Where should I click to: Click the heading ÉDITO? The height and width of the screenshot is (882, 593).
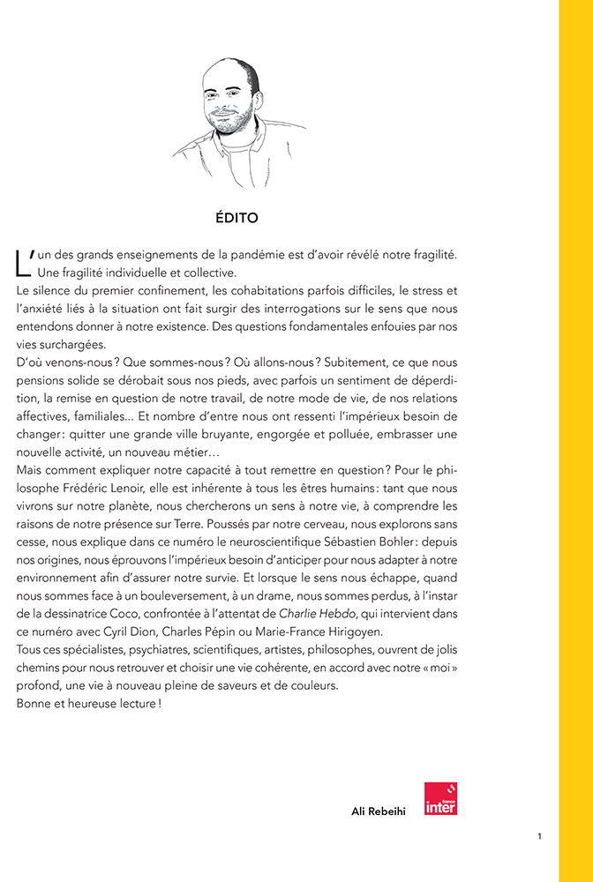[236, 216]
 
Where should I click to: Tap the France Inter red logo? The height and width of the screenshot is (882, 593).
[440, 798]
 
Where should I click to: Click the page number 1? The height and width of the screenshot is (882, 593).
[539, 835]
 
